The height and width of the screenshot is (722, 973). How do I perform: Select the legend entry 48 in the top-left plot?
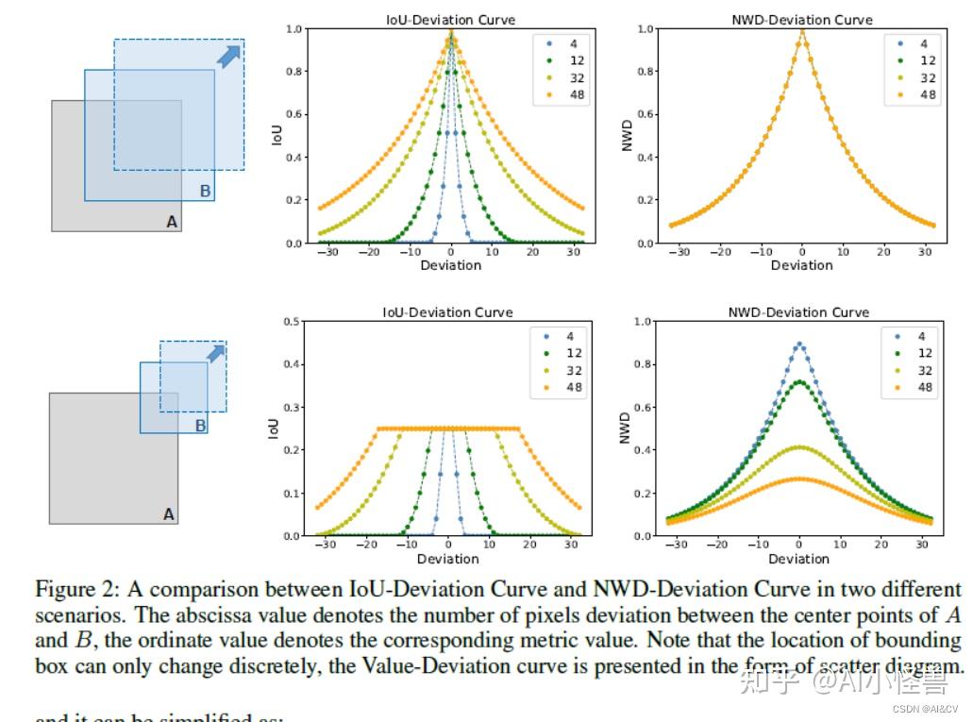point(574,94)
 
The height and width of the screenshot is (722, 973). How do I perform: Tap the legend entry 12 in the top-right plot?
point(928,60)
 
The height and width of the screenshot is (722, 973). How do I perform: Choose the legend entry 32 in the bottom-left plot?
point(574,370)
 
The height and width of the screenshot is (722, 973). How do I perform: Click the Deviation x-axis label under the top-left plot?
point(450,265)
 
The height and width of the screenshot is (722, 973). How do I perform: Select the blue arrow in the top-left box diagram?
point(228,56)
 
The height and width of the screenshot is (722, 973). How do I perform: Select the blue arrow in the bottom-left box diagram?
point(216,353)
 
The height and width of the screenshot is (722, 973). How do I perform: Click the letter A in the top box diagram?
point(171,222)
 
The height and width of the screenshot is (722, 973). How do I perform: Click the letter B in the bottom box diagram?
point(200,426)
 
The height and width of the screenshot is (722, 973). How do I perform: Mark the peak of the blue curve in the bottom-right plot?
point(800,344)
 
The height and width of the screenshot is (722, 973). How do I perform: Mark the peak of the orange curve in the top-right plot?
point(802,31)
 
